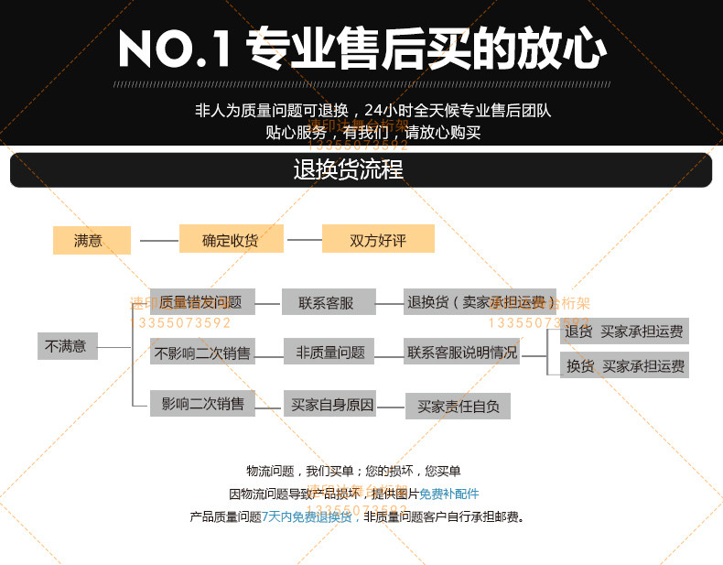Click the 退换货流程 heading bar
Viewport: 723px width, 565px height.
click(361, 170)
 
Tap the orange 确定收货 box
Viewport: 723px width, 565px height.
click(231, 240)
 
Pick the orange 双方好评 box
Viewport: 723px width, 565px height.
click(378, 240)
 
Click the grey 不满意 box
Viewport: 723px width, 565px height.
click(68, 346)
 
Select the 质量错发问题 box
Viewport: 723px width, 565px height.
click(201, 302)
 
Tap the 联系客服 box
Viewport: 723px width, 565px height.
click(324, 302)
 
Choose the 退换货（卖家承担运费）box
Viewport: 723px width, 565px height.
click(480, 302)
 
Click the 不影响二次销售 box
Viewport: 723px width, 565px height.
click(201, 352)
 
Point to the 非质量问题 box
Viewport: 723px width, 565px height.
click(329, 352)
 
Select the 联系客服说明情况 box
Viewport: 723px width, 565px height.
click(461, 352)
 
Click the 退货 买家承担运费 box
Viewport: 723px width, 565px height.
click(624, 331)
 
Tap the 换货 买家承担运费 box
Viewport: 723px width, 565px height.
click(624, 365)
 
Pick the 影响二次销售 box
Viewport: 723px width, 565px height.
click(202, 403)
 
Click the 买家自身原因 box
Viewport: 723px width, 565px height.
click(332, 404)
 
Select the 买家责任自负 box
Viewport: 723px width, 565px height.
click(458, 406)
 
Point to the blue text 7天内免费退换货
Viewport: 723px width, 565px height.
click(306, 516)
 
